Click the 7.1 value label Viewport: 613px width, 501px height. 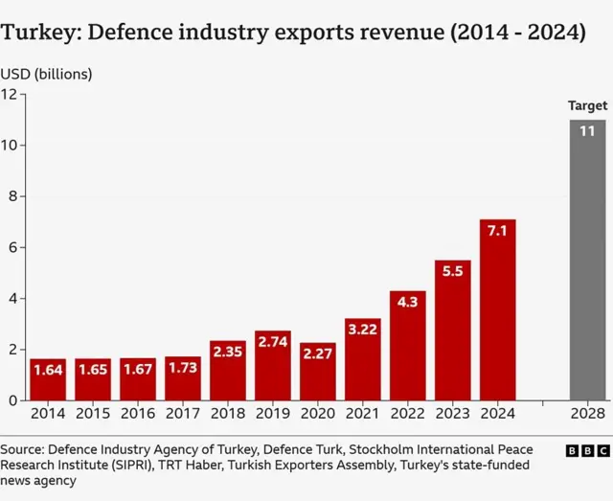(x=497, y=231)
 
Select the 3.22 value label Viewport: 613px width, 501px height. (x=362, y=330)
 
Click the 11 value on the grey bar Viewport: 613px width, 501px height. (x=587, y=130)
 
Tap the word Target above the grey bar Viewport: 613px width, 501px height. (x=587, y=105)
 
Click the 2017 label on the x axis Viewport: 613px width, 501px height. (x=182, y=414)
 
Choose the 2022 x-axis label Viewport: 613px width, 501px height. (x=407, y=414)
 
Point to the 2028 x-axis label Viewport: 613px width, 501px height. (x=587, y=414)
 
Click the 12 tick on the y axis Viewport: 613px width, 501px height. (x=10, y=94)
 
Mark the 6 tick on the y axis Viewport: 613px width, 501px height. (x=12, y=247)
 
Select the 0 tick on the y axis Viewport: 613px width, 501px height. (x=12, y=400)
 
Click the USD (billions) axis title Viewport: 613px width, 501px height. (x=46, y=73)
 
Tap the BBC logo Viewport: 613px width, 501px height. (x=587, y=449)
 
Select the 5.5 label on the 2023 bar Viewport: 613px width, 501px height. (x=452, y=271)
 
